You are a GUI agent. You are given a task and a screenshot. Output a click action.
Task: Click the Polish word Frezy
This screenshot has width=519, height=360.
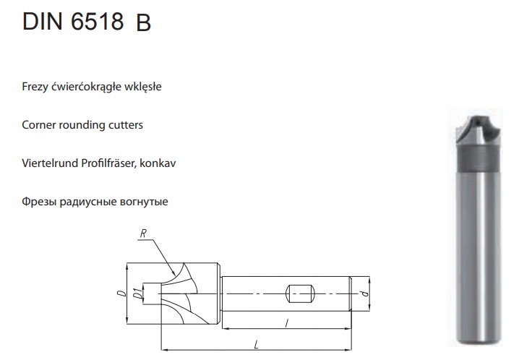click(x=36, y=87)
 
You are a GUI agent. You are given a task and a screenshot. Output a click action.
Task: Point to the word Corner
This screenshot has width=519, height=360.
click(x=39, y=125)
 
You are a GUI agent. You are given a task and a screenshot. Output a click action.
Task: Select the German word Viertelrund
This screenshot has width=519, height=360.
click(x=50, y=163)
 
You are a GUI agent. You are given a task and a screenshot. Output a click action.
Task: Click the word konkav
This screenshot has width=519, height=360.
click(x=159, y=163)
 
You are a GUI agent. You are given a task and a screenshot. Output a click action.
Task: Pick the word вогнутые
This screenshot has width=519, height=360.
click(x=143, y=202)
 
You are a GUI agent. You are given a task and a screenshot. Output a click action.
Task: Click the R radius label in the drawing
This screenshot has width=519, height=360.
click(x=143, y=234)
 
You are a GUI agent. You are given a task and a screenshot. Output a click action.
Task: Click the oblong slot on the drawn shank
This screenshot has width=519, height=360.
click(x=299, y=294)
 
